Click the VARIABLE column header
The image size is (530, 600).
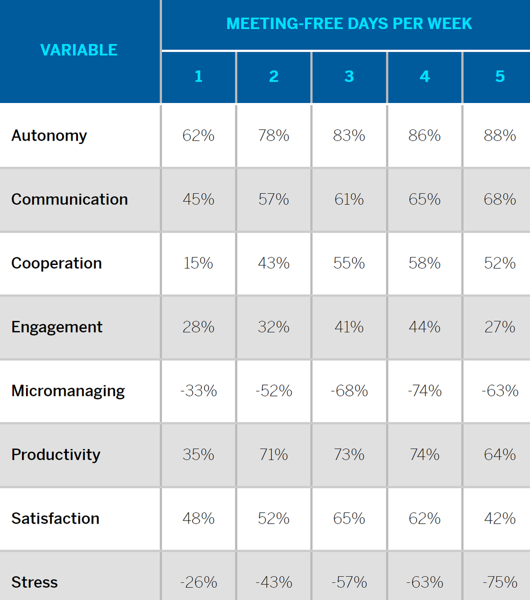[79, 50]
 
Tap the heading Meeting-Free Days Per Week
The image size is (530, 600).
[349, 23]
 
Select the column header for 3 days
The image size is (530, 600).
[349, 76]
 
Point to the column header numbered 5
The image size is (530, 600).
[500, 76]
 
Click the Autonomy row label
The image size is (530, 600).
[49, 136]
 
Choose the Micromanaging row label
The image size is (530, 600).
[68, 391]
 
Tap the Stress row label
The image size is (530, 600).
[34, 582]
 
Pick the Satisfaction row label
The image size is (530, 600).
[55, 518]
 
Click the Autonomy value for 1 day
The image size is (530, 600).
[198, 135]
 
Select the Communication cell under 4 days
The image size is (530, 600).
[424, 199]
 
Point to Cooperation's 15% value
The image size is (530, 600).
[198, 263]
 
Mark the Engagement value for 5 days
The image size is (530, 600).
[500, 327]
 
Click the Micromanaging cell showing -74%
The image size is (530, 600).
[424, 391]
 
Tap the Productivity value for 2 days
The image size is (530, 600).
[273, 454]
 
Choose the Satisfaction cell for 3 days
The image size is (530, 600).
[349, 518]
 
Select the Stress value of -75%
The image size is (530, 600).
[500, 582]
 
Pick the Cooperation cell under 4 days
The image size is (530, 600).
[424, 263]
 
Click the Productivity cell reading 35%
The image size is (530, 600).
[198, 454]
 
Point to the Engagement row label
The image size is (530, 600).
[57, 327]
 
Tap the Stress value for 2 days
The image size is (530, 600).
[273, 582]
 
